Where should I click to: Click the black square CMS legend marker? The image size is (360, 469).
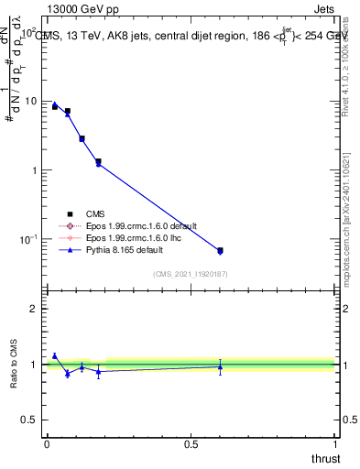tap(70, 213)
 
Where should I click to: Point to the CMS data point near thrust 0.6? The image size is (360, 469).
tap(220, 250)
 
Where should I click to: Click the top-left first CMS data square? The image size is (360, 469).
tap(55, 107)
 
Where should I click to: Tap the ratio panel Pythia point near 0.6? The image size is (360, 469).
tap(220, 366)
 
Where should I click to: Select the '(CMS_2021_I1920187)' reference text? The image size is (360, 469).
tap(191, 273)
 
